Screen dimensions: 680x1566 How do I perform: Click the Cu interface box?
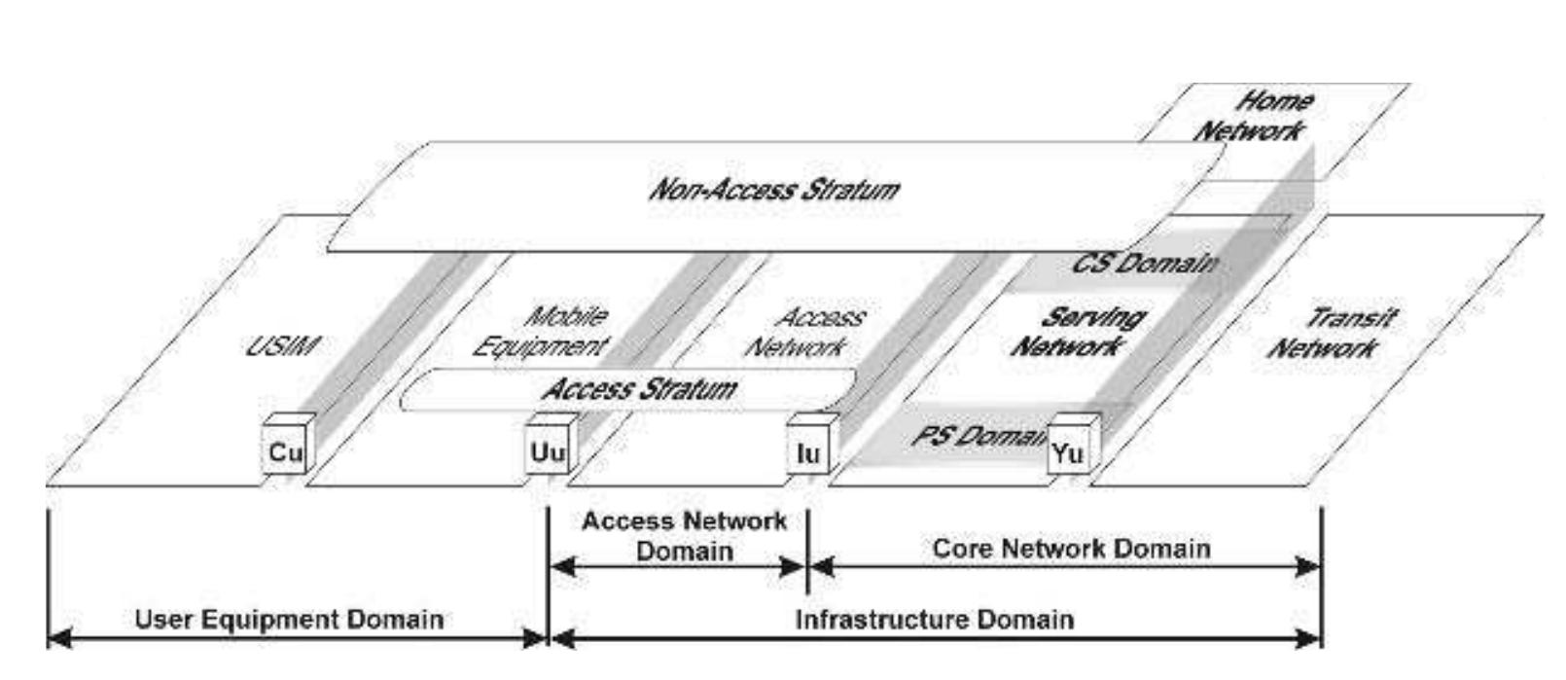point(285,452)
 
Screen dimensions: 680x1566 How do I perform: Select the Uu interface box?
point(547,452)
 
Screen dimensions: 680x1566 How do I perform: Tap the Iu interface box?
point(807,452)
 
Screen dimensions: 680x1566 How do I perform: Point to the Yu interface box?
point(1067,453)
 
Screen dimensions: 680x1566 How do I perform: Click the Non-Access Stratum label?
point(773,189)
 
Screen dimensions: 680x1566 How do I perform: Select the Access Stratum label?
point(639,390)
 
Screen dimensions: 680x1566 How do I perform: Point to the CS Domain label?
point(1144,264)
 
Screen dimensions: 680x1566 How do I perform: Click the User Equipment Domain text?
point(289,620)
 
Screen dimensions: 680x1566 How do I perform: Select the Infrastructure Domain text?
point(935,620)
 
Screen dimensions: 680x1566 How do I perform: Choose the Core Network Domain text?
point(1071,549)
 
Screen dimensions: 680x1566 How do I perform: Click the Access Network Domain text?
point(684,536)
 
